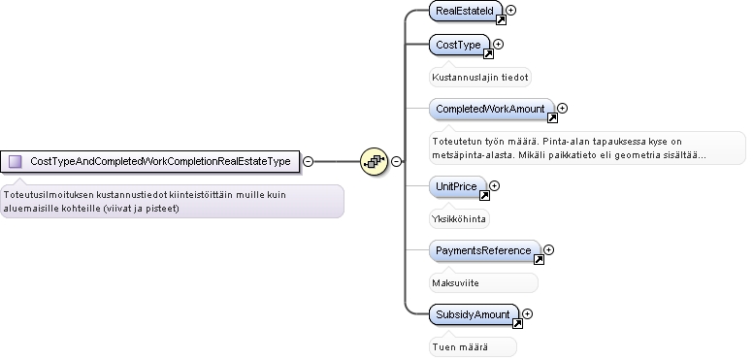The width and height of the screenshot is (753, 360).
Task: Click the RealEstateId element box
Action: point(466,11)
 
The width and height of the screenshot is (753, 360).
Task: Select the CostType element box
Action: point(459,45)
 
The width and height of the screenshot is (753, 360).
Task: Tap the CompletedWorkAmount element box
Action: point(491,109)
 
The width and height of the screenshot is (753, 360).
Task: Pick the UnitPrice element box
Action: point(457,186)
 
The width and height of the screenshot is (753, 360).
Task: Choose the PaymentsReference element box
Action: point(484,250)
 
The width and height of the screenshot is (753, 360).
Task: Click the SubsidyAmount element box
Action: point(474,314)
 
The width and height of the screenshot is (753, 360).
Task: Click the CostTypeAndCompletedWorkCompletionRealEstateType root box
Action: point(149,161)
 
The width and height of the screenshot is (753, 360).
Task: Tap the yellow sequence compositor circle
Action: point(375,161)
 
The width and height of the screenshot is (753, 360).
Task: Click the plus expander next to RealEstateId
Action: point(511,10)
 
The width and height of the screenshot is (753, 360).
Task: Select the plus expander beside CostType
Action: point(499,45)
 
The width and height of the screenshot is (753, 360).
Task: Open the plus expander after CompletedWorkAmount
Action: point(563,109)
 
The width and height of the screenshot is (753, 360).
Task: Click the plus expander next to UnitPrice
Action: point(495,185)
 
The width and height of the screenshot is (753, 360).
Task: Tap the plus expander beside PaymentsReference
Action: point(549,249)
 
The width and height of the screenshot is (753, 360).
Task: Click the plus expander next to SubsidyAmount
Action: point(527,314)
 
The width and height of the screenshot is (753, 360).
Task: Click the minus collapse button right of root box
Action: point(309,162)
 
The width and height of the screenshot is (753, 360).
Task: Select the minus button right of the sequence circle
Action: point(396,162)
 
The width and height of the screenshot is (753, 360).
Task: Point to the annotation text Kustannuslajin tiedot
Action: point(480,78)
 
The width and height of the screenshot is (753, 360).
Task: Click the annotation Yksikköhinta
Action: point(459,219)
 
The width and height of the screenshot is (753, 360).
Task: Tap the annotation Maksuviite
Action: point(456,283)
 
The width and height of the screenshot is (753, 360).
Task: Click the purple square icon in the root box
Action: point(16,161)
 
